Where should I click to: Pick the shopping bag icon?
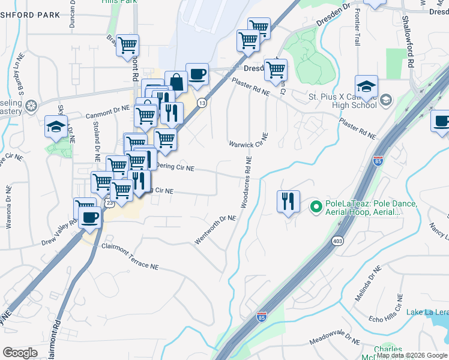(176, 82)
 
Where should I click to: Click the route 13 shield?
(203, 103)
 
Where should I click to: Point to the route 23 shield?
(109, 204)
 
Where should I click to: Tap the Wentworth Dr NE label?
(215, 230)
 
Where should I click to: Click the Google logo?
(20, 352)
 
